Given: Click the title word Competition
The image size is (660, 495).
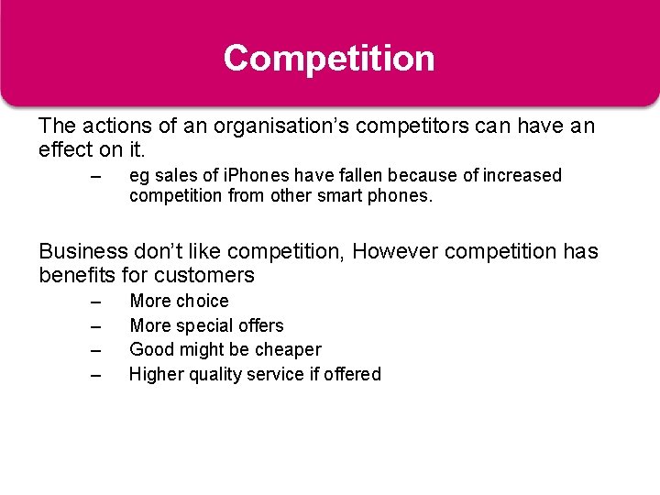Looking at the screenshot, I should (x=329, y=59).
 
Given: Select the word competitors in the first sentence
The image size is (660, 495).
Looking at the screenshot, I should (x=395, y=126).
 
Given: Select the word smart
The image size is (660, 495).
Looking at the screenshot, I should (x=337, y=196).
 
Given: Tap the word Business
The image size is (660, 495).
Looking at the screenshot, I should (x=81, y=251).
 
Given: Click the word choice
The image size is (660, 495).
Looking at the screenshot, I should (x=202, y=301).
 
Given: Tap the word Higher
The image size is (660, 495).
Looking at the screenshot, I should (x=157, y=374).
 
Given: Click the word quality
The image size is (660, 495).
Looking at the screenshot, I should (x=219, y=374).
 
